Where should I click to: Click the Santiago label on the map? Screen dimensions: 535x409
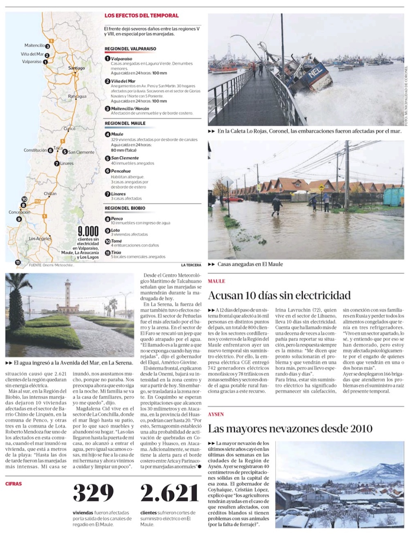point(76,68)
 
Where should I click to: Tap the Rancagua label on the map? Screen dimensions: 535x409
point(77,97)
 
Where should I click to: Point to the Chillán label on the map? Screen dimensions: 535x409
point(50,193)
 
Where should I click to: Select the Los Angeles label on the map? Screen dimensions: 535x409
point(40,238)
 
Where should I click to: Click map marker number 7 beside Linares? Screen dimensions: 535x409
point(57,164)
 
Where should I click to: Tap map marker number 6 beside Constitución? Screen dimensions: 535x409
point(50,151)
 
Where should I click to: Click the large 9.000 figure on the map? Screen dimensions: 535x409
point(88,231)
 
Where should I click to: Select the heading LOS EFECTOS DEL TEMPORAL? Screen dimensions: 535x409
point(142,16)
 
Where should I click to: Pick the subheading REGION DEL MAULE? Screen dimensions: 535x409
point(125,123)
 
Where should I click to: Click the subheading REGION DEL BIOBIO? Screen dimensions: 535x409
point(125,208)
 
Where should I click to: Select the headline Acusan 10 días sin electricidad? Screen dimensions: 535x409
point(279,295)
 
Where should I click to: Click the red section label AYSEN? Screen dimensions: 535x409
point(216,414)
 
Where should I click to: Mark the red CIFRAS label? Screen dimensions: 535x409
point(13,483)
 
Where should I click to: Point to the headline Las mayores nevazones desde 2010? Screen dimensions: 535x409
point(290,429)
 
